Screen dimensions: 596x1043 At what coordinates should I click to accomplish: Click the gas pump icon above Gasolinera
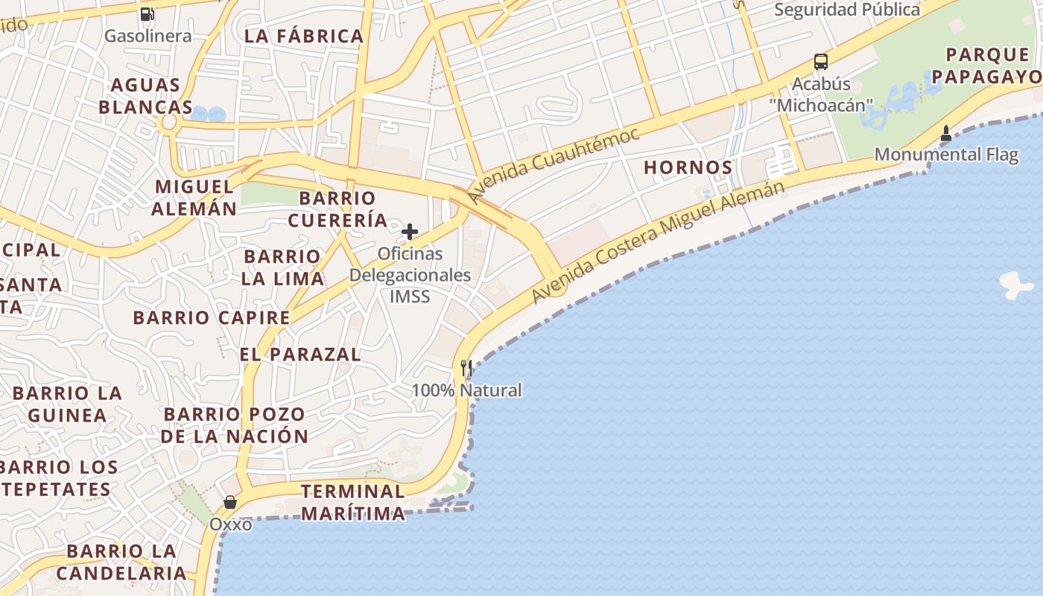click(x=147, y=13)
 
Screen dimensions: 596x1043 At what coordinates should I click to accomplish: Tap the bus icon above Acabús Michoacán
click(x=821, y=62)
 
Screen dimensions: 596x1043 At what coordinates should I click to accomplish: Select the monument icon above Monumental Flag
click(x=946, y=133)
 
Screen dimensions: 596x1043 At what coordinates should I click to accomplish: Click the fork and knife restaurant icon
click(x=466, y=367)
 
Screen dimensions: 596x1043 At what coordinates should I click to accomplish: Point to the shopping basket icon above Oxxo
click(x=230, y=502)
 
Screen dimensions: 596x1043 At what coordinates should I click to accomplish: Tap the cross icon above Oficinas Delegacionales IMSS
click(x=410, y=232)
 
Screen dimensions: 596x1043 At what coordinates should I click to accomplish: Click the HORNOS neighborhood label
click(x=688, y=168)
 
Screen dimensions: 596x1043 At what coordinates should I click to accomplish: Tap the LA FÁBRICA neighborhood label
click(x=304, y=36)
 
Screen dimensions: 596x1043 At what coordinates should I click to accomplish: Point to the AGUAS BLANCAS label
click(x=146, y=96)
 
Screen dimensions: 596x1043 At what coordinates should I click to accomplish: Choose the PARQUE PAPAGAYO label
click(x=987, y=66)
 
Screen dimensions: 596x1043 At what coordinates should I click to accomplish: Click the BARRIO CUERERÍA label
click(x=337, y=209)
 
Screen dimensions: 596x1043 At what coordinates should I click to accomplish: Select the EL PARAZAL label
click(x=300, y=355)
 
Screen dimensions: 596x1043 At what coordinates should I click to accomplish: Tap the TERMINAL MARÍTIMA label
click(x=353, y=502)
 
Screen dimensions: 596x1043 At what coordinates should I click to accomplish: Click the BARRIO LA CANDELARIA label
click(x=121, y=562)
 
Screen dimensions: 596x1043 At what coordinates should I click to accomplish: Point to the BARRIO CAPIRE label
click(x=212, y=317)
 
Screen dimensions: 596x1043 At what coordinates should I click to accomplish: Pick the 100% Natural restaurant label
click(x=466, y=390)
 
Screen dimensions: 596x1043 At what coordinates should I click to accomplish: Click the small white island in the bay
click(x=1015, y=285)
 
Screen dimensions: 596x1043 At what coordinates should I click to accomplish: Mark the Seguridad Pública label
click(x=847, y=10)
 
